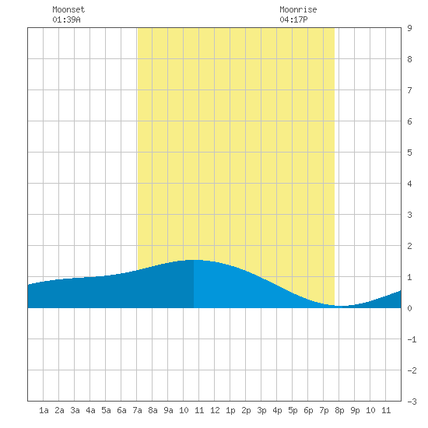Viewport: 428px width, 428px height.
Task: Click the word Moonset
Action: tap(68, 9)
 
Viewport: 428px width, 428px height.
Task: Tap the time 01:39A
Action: tap(66, 19)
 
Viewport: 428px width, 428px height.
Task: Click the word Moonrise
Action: tap(298, 9)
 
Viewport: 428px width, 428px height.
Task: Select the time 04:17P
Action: tap(293, 19)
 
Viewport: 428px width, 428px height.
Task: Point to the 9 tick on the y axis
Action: tap(409, 28)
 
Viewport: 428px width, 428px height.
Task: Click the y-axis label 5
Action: tap(409, 153)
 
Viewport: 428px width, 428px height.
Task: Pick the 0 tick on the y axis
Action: tap(409, 308)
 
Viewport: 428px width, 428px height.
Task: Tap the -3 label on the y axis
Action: tap(412, 402)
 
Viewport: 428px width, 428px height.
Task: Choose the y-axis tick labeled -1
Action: tap(412, 339)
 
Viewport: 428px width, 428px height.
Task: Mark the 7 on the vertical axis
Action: tap(409, 90)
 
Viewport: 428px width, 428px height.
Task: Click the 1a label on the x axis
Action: tap(44, 410)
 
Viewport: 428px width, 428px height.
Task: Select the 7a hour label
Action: tap(137, 410)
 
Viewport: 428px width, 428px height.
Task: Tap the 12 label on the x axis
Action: tap(215, 410)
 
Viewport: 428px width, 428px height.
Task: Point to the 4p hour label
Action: tap(277, 410)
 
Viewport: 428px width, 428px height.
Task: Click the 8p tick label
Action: tap(339, 410)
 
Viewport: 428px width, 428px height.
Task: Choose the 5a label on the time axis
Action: tap(106, 410)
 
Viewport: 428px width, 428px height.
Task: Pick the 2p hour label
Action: tap(246, 410)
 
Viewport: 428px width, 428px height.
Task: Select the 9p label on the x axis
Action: tap(355, 410)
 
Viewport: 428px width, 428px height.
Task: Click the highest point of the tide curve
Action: tap(195, 260)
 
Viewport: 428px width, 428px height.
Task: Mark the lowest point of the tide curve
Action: tap(341, 306)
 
